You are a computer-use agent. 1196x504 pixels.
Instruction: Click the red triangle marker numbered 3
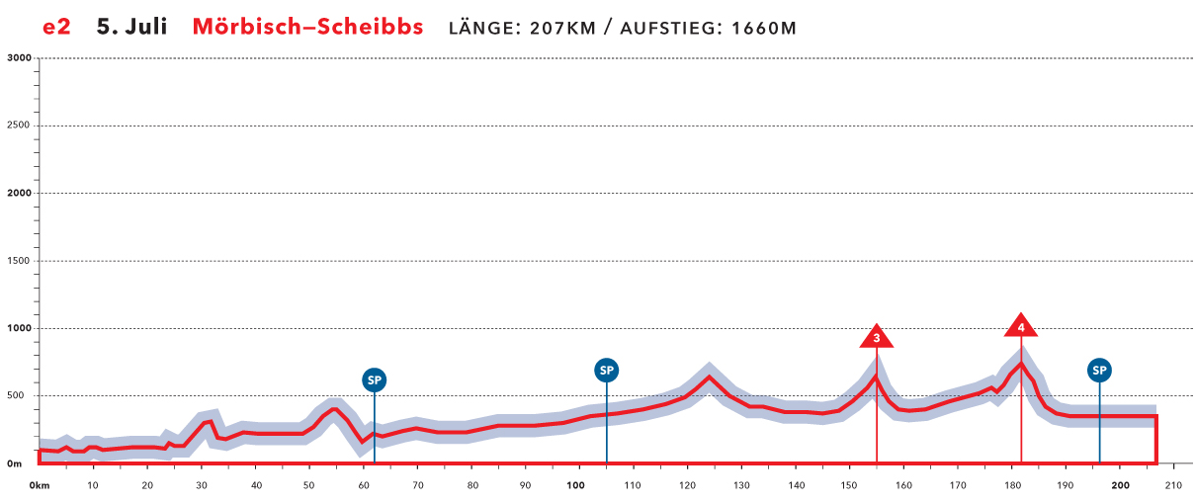point(877,338)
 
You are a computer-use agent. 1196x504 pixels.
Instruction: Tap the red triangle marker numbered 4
point(1021,326)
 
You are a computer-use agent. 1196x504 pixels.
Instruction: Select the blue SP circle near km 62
point(374,379)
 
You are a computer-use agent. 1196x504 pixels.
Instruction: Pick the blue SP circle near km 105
point(607,371)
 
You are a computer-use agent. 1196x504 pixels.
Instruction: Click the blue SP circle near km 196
point(1099,371)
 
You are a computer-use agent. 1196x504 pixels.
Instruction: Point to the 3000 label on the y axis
point(20,58)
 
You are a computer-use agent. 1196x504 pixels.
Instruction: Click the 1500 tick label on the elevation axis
point(20,261)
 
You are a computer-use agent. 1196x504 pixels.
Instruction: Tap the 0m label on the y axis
point(15,463)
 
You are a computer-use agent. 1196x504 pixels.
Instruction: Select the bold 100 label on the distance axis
point(574,486)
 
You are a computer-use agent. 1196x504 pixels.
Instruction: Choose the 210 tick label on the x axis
point(1173,486)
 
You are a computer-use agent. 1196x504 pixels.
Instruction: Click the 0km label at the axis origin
point(39,486)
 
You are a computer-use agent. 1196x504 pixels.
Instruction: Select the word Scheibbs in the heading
point(372,27)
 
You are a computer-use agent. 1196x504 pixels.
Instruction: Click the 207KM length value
point(562,28)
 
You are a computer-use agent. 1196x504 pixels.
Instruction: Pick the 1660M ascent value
point(763,28)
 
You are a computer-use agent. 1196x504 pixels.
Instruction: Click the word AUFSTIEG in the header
point(671,28)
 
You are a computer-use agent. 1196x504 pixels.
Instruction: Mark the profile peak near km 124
point(710,377)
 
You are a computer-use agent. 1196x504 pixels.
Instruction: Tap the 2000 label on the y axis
point(20,194)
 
